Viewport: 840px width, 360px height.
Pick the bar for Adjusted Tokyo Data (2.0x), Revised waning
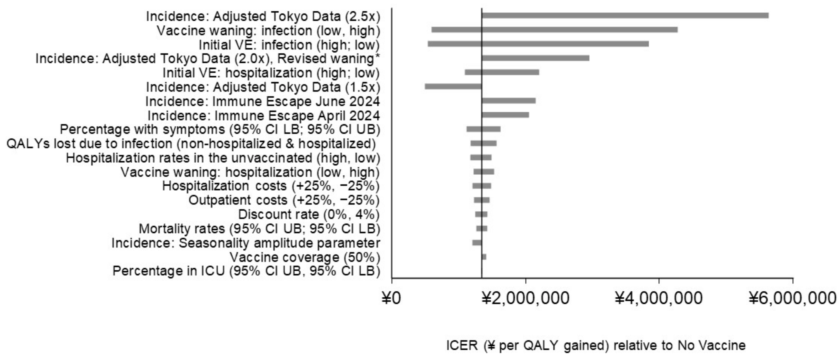535,58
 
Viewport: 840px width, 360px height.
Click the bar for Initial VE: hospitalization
502,72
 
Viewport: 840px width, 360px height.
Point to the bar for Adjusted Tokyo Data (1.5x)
453,86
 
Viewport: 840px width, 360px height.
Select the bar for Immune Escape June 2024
509,101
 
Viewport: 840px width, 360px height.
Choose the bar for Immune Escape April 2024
506,115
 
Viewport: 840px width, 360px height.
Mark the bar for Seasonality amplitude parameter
477,243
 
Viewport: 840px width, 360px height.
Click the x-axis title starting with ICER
596,345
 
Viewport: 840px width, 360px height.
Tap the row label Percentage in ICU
246,271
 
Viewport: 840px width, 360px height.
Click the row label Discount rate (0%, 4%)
309,215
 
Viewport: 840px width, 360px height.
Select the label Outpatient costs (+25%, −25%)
284,200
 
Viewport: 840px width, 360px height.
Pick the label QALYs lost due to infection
191,143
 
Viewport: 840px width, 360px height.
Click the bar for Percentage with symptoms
483,129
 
